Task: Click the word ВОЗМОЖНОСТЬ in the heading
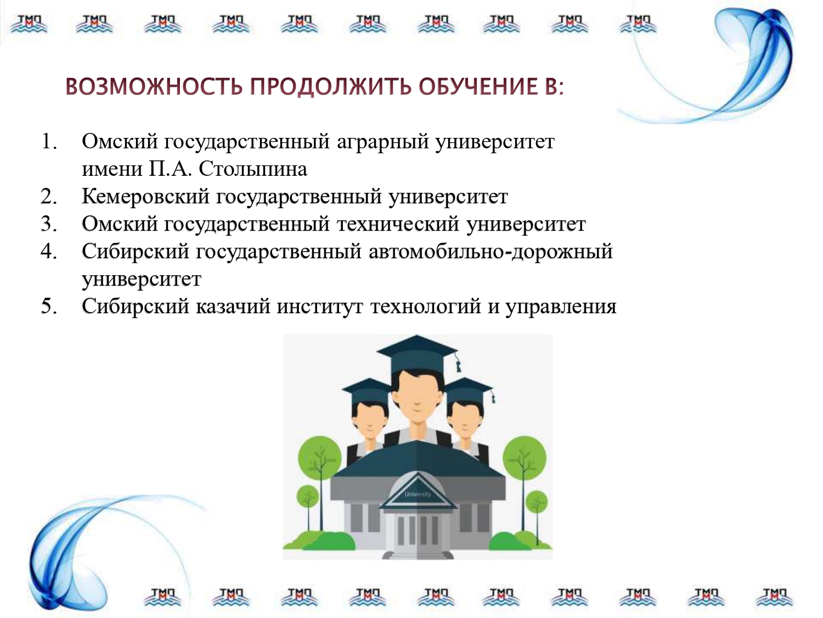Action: [154, 87]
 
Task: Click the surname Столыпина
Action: [253, 169]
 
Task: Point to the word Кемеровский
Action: [145, 196]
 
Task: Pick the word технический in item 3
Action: [397, 224]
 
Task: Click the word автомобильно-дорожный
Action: [491, 252]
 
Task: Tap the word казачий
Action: [233, 307]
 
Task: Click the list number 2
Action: [49, 196]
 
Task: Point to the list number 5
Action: [49, 307]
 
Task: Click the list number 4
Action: [49, 252]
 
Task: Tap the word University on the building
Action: [418, 494]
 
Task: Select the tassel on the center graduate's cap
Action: [458, 361]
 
